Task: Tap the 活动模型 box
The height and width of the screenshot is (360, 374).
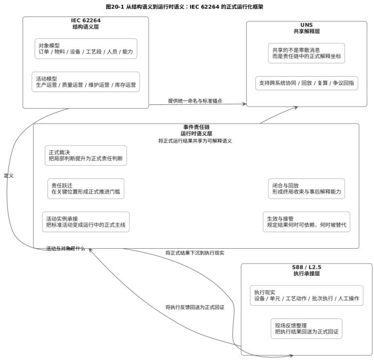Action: tap(86, 81)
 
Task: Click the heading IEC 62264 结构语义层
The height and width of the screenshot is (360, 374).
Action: tap(86, 23)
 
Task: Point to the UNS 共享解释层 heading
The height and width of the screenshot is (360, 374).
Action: tap(306, 28)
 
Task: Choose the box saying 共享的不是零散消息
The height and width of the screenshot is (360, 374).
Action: tap(306, 53)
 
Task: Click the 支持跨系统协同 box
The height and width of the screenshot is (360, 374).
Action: tap(306, 83)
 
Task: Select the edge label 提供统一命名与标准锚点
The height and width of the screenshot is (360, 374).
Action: tap(195, 101)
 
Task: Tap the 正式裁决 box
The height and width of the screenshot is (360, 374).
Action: tap(86, 156)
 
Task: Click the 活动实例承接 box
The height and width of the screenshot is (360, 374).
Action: tap(86, 222)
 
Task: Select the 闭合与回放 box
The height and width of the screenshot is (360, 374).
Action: tap(306, 189)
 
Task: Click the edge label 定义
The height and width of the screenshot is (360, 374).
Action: tap(9, 175)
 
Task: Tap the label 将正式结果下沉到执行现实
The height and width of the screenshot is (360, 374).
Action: tap(194, 253)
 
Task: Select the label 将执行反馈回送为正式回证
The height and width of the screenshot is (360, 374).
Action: tap(194, 307)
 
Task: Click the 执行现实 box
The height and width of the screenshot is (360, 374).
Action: tap(306, 295)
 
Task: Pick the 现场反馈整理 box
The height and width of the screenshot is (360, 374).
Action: tap(306, 328)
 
